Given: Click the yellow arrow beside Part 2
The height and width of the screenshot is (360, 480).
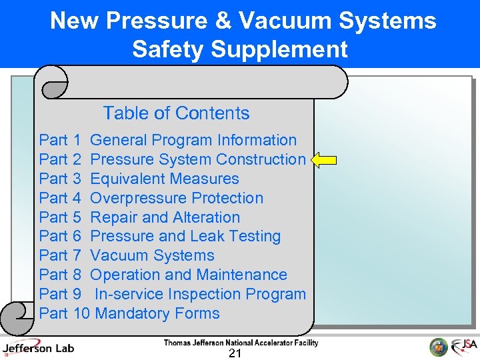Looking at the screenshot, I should coord(324,160).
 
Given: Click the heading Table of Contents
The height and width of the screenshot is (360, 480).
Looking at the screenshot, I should coord(176,113).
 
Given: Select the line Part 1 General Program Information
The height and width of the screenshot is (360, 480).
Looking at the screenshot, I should coord(167,140).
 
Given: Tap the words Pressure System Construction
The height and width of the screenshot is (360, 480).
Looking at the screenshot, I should coord(197,159).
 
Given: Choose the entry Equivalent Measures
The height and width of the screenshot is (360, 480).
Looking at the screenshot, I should coord(164,179).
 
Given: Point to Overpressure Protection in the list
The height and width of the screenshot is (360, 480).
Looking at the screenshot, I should coord(176,198).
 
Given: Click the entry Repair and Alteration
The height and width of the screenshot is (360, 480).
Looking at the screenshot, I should coord(165,217).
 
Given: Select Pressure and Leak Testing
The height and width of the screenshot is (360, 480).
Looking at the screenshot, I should coord(185,236).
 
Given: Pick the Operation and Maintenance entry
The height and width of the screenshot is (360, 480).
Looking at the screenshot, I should coord(188,275).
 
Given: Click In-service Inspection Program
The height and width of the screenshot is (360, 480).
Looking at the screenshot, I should coord(200,294).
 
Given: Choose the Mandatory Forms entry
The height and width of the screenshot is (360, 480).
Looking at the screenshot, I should coord(157,313).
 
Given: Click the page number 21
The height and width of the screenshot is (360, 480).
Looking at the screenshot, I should coord(235,353).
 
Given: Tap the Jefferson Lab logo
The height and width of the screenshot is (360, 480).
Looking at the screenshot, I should coord(39,347).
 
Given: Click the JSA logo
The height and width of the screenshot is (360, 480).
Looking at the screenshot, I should coord(464,347).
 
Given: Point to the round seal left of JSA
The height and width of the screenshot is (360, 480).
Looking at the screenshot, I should coord(438,347).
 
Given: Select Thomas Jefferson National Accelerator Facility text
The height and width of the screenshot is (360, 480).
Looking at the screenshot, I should coord(241,343).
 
